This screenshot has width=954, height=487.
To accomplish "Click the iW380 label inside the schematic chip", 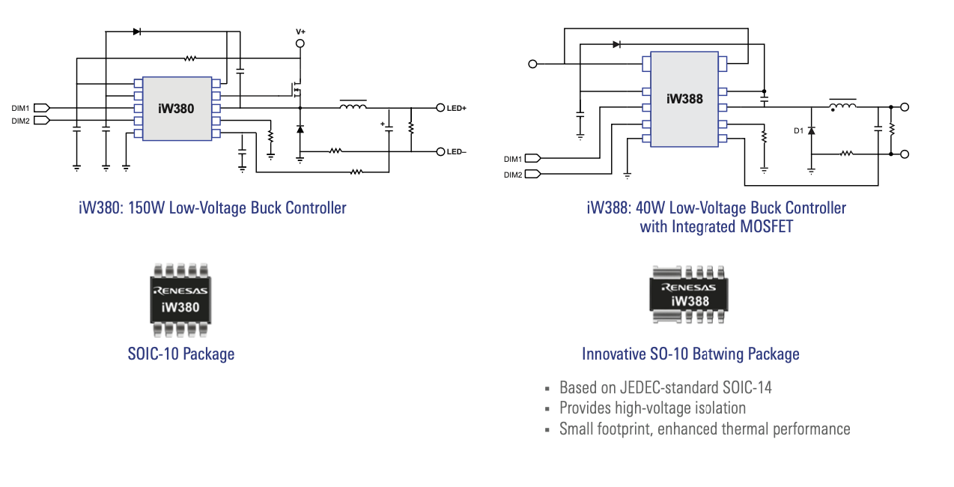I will click(x=176, y=109).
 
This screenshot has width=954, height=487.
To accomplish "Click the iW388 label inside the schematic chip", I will click(x=684, y=98).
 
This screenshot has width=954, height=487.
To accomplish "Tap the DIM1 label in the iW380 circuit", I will click(x=20, y=108).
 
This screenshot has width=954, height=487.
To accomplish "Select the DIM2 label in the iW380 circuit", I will click(x=20, y=121).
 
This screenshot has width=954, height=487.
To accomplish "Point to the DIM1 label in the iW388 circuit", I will click(x=513, y=159).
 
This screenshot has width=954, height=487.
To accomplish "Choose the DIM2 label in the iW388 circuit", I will click(x=513, y=175).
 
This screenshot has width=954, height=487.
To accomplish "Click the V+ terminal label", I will click(x=300, y=31).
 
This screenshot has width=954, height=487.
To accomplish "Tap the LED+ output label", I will click(x=457, y=109).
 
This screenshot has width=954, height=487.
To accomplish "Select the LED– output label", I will click(x=457, y=152).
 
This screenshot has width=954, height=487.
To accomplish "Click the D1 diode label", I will click(x=798, y=131).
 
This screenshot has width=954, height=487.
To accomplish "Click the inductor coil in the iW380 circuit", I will click(x=353, y=106).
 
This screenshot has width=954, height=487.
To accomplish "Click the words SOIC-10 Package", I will click(x=181, y=354).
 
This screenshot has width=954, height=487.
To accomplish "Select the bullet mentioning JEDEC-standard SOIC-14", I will click(x=665, y=387).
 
